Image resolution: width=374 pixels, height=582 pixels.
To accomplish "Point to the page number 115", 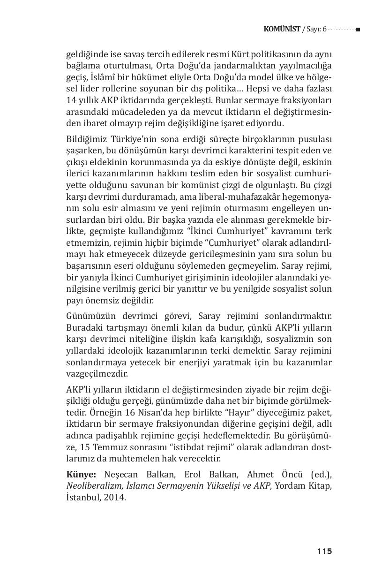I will coord(324,551).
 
